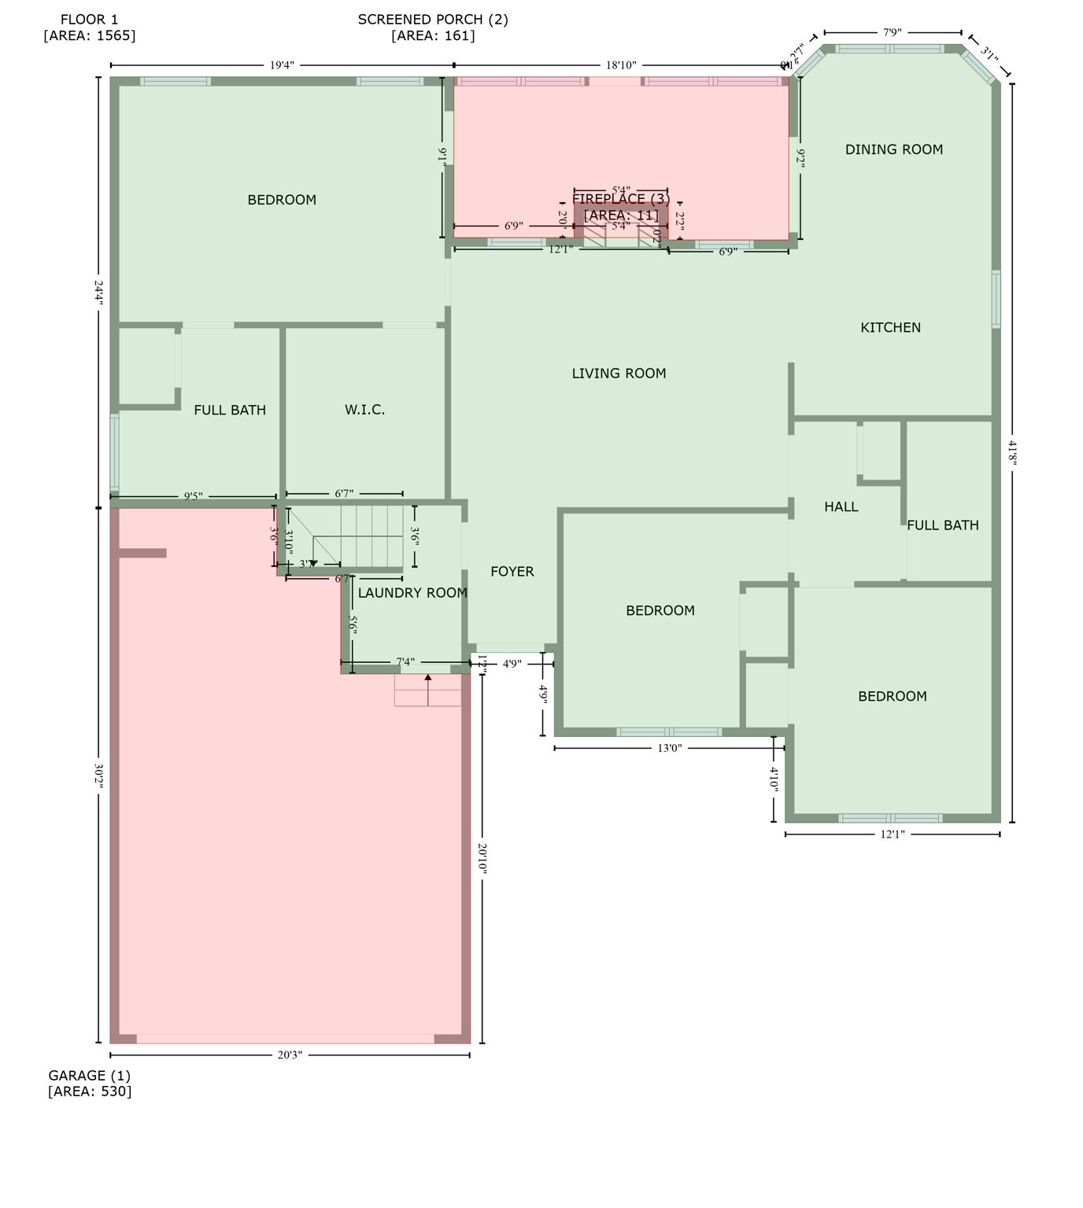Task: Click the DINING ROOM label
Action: tap(893, 149)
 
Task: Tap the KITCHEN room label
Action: tap(890, 328)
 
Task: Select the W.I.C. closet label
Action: tap(364, 410)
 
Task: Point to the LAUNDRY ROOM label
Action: tap(412, 593)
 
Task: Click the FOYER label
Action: tap(512, 572)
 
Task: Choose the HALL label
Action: tap(841, 507)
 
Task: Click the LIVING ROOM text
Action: tap(619, 374)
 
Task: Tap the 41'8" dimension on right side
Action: tap(1012, 453)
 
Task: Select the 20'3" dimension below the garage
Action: tap(290, 1055)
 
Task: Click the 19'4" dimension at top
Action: tap(282, 65)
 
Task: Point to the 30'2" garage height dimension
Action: tap(98, 775)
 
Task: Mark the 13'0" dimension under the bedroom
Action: tap(669, 749)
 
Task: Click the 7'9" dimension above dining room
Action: tap(892, 33)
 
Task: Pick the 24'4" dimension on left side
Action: tap(98, 292)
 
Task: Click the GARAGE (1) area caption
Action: tap(89, 1083)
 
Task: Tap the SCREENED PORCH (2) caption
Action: tap(433, 27)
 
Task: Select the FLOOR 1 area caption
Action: tap(89, 27)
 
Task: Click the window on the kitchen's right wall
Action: tap(996, 299)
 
